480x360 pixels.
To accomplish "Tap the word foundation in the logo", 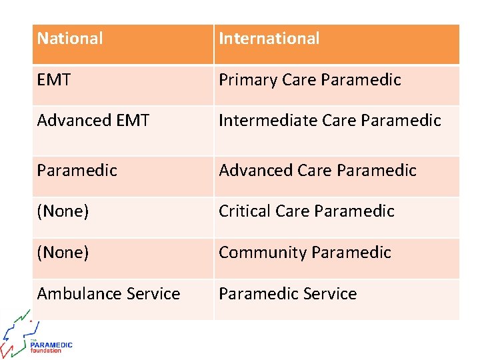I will pyautogui.click(x=46, y=351).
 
